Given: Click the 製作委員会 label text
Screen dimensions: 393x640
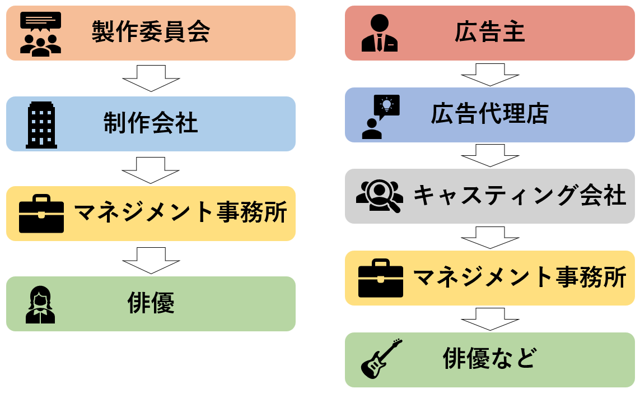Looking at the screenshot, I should (151, 33).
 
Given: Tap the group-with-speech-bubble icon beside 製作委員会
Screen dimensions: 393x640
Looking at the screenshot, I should (40, 34).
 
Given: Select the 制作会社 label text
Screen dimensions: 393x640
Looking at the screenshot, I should (151, 123).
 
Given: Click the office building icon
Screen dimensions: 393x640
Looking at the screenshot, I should (41, 125).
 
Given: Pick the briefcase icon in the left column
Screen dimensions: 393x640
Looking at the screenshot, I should (41, 214).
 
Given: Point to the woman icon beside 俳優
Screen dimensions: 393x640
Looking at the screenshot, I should (40, 304).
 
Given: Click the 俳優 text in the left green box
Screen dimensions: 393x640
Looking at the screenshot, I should (151, 303).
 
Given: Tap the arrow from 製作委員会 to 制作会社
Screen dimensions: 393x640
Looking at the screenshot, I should (151, 78).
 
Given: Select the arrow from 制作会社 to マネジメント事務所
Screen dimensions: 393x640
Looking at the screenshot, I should (151, 170).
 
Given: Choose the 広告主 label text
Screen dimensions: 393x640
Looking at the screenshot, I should (489, 33).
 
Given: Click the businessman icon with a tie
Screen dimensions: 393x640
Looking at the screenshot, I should (380, 34).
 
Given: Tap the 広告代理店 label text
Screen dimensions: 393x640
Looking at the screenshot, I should (489, 114).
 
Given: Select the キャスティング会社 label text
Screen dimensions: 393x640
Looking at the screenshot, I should (519, 196).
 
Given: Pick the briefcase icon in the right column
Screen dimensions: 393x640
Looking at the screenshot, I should (381, 278).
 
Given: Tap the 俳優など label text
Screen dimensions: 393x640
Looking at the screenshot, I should (489, 359).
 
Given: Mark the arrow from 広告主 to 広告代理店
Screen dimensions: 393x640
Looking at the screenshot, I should (490, 75).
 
